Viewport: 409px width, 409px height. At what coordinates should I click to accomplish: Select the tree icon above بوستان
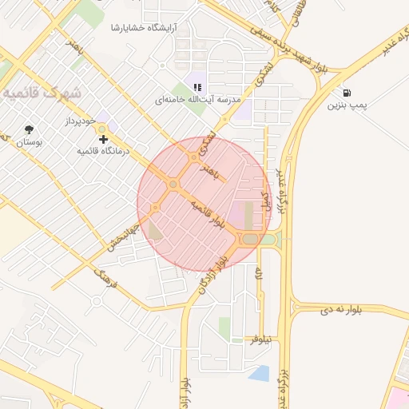(30, 129)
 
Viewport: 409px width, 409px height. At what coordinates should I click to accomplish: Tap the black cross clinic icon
(102, 139)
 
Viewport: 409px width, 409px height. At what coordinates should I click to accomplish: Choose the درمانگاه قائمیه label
(102, 150)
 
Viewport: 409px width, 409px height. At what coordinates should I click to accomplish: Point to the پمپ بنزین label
(347, 105)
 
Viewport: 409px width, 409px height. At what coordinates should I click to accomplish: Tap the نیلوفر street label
(261, 340)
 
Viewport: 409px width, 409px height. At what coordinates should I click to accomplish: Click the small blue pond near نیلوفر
(259, 373)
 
